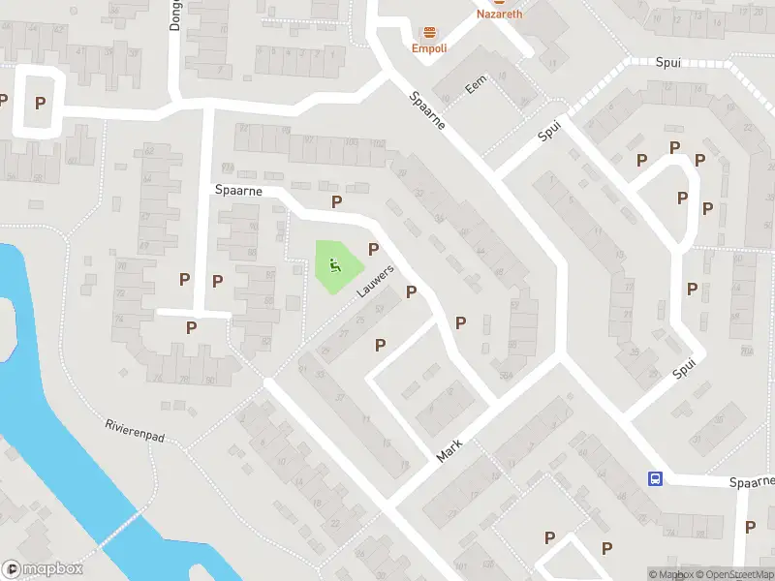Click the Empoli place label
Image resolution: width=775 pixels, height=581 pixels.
tap(429, 48)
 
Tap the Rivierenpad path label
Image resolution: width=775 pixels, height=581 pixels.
tap(136, 432)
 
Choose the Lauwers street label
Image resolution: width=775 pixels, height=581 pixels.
tap(377, 281)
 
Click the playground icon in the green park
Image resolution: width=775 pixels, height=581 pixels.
tap(334, 263)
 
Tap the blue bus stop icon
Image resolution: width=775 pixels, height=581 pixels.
tap(656, 478)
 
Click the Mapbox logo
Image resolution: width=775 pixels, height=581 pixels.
tap(43, 569)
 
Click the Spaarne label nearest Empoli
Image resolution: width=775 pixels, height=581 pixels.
tap(426, 112)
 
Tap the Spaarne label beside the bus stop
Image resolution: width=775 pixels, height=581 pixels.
tap(752, 481)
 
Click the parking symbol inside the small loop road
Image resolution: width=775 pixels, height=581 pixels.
tap(41, 102)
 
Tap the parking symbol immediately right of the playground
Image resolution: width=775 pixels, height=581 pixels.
tap(373, 249)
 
